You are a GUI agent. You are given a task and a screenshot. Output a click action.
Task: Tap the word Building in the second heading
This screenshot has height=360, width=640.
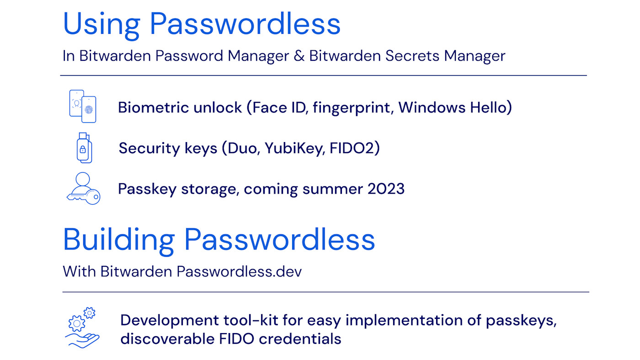pos(118,240)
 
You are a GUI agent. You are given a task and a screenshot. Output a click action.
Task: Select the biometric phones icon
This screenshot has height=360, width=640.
pos(83,106)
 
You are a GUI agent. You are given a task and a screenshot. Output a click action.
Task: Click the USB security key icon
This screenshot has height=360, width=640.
pos(84,148)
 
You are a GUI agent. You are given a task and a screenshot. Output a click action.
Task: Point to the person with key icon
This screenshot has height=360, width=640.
pos(83,188)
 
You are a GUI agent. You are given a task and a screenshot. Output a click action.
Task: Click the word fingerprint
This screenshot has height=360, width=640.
pos(351,108)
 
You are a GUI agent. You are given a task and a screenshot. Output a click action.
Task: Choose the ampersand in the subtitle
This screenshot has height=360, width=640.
pos(299,56)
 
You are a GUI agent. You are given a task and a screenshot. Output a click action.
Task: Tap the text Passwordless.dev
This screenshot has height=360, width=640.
pos(239,271)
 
